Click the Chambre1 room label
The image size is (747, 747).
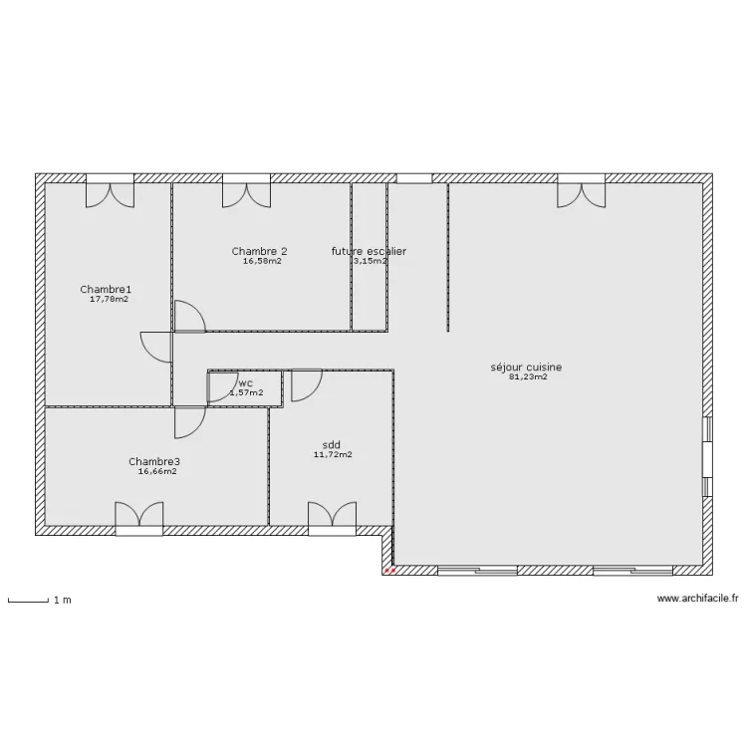point(106,290)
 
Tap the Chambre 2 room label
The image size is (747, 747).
point(260,251)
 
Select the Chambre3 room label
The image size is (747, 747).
point(154,461)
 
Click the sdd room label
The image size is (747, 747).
point(332,444)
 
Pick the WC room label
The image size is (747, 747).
point(246,382)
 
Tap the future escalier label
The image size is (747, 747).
point(369,251)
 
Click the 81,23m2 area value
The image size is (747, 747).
point(528,376)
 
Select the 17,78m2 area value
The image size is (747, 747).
point(109,299)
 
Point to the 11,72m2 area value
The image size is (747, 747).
point(333,454)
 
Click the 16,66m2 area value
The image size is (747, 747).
point(157,471)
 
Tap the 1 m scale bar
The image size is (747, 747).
point(29,600)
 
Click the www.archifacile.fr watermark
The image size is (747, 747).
point(697,599)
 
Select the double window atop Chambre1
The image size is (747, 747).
point(110,189)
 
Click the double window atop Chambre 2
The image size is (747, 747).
point(246,189)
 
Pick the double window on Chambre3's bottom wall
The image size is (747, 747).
point(138,518)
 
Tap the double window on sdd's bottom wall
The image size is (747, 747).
point(332,518)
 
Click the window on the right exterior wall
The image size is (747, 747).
point(707,456)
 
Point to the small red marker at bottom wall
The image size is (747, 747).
point(390,572)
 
